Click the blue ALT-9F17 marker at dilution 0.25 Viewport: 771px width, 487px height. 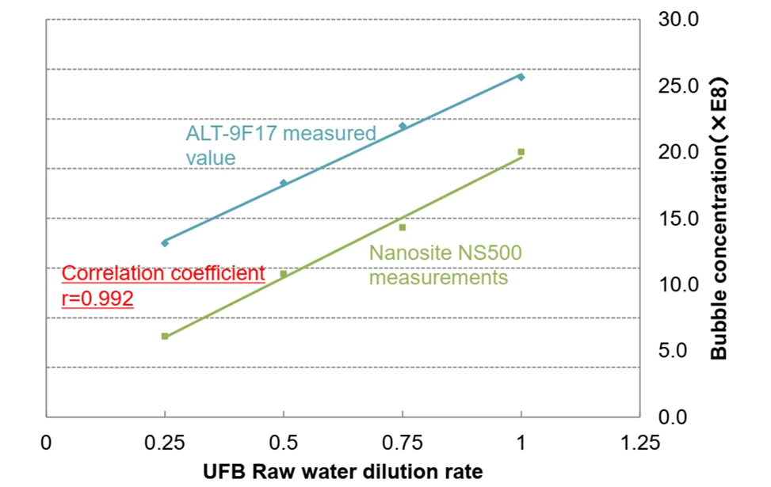[165, 242]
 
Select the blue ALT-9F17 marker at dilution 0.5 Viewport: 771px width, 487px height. [284, 183]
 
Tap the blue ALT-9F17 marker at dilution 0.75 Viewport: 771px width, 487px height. [403, 126]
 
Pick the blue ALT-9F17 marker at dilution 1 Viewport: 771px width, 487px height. [521, 77]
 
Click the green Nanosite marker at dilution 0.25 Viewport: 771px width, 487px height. [165, 337]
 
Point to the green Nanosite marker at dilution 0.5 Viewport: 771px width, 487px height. [284, 274]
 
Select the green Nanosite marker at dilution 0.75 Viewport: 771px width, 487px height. [403, 227]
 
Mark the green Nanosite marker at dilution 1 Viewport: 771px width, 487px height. [521, 151]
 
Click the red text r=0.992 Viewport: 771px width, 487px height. [97, 299]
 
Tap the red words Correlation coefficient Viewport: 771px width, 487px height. [163, 274]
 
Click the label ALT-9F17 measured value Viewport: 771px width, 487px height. [281, 145]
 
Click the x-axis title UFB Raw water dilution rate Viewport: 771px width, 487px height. [343, 471]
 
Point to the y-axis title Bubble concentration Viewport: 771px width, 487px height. [719, 219]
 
